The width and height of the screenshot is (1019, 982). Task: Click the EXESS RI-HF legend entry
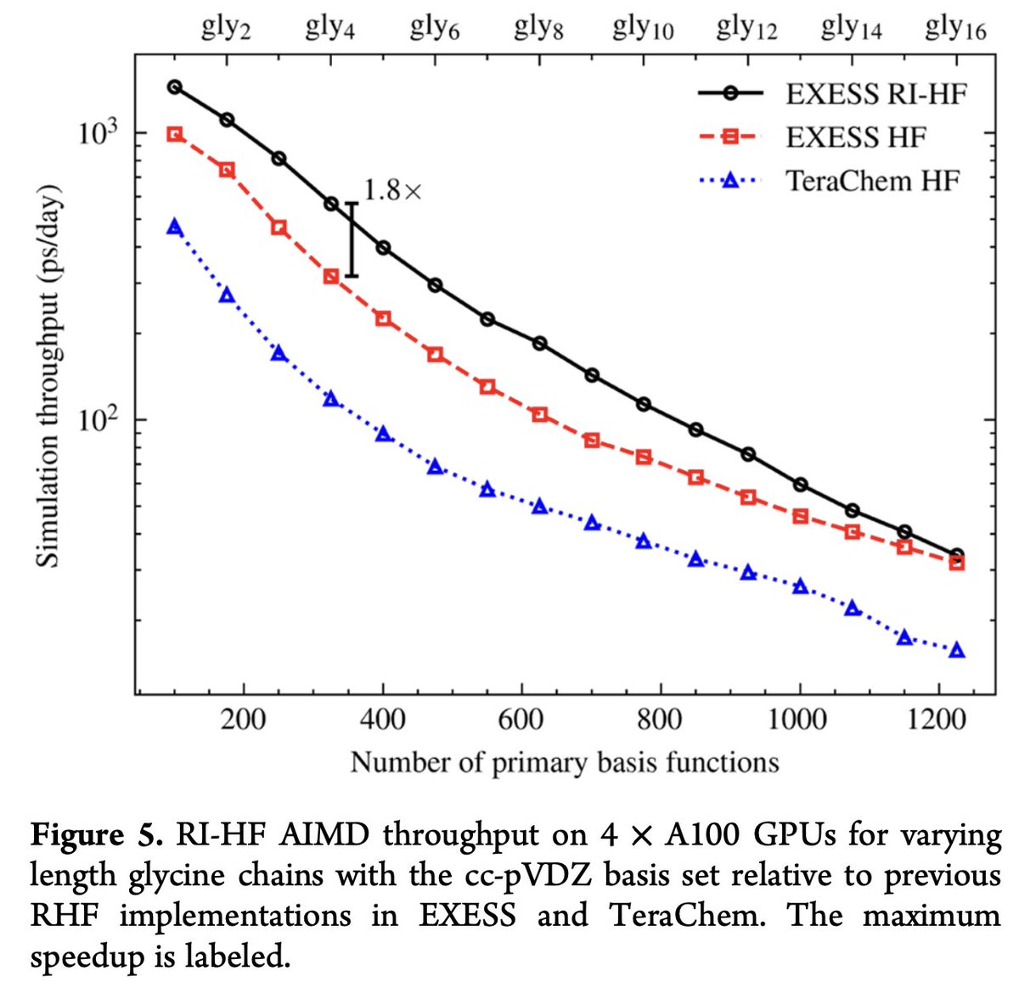pos(875,93)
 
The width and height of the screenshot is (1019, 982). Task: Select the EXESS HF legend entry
pos(855,137)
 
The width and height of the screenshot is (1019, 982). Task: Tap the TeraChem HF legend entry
pos(872,181)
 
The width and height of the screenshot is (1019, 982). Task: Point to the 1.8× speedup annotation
pos(391,190)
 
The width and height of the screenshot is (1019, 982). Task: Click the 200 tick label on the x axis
pos(244,720)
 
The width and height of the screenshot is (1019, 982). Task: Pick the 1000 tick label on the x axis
pos(799,720)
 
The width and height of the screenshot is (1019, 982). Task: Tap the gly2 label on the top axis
pos(226,30)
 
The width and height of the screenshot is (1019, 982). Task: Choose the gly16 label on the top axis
pos(955,30)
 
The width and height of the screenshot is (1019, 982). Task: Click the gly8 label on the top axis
pos(538,30)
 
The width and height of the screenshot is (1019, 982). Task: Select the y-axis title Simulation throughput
pos(48,373)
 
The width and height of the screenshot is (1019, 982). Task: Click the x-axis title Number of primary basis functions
pos(565,762)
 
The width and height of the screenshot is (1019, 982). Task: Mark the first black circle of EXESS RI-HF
pos(174,87)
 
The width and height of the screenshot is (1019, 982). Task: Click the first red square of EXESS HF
pos(174,134)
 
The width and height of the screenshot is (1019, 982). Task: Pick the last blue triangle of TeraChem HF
pos(957,650)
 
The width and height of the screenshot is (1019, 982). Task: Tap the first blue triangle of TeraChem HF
pos(174,227)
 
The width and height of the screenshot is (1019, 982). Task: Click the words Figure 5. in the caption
pos(96,835)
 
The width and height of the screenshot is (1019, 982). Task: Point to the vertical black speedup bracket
pos(352,239)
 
